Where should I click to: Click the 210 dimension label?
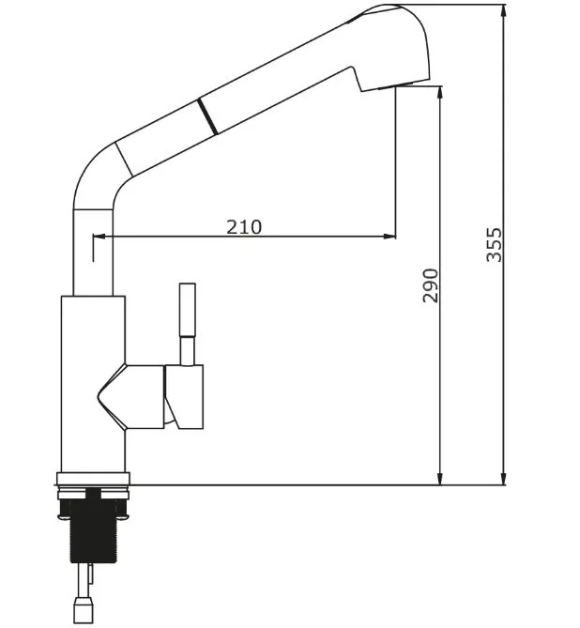pos(244,227)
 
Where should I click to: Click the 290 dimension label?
pos(431,285)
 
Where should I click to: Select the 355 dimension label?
pos(494,245)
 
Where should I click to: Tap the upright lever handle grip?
pos(187,311)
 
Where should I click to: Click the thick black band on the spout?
pos(207,116)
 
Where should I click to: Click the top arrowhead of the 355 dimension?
pos(503,12)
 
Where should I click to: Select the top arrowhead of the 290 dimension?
pos(440,93)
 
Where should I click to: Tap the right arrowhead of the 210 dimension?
pos(389,237)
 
